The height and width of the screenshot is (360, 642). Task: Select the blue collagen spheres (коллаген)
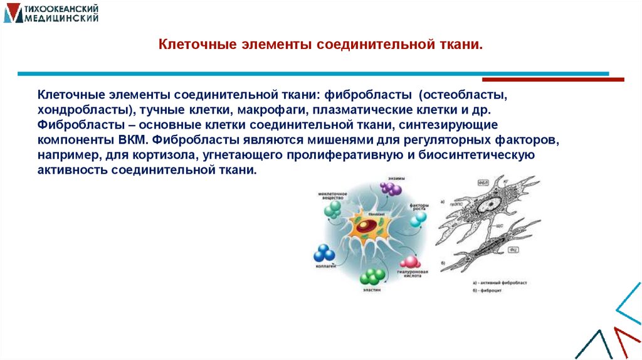click(x=324, y=253)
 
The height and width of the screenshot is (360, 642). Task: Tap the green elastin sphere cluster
click(x=372, y=276)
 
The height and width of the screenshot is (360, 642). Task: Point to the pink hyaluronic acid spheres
click(x=410, y=262)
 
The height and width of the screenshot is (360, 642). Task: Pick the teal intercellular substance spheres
click(x=333, y=209)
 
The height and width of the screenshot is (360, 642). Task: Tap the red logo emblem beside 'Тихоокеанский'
click(x=12, y=13)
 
